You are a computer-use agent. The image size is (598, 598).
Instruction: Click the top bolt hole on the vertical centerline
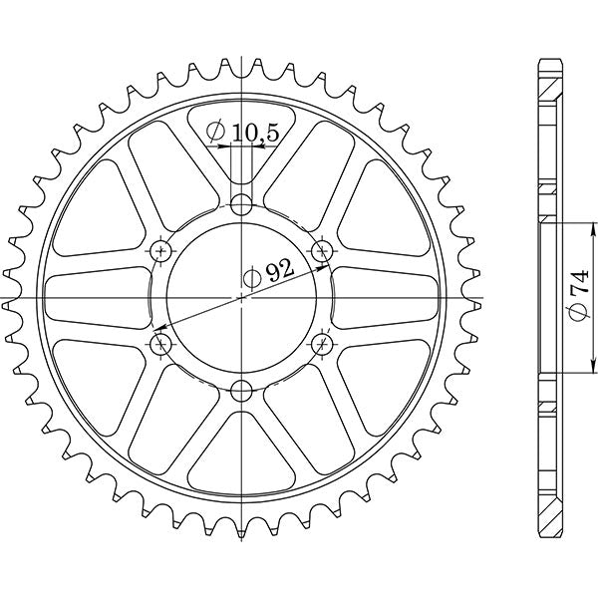point(241,206)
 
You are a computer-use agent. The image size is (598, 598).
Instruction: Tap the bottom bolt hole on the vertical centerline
point(241,391)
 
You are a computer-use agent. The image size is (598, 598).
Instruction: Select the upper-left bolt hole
point(161,252)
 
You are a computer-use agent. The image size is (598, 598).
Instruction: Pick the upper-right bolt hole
point(321,252)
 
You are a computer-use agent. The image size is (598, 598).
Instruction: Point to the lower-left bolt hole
point(161,345)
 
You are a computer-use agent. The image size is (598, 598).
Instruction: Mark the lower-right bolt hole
point(321,345)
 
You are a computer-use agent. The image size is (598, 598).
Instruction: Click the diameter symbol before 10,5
point(215,131)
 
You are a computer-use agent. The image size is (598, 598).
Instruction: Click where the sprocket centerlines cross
point(241,298)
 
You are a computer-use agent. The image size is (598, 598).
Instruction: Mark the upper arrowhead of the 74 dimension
point(560,227)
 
